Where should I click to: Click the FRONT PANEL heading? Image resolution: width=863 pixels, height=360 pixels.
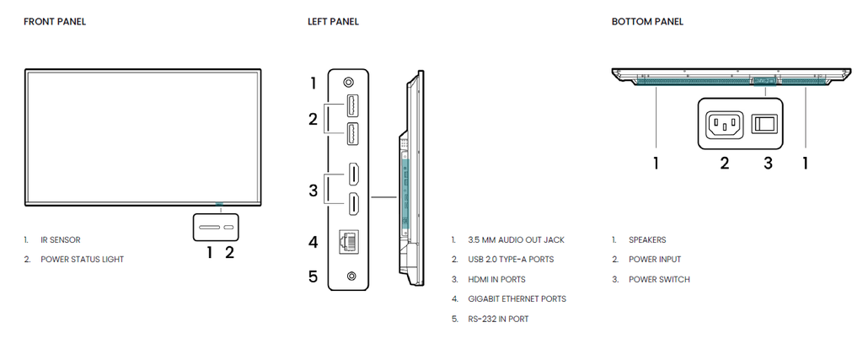pyautogui.click(x=55, y=21)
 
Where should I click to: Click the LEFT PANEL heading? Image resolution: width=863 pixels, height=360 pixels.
pyautogui.click(x=333, y=21)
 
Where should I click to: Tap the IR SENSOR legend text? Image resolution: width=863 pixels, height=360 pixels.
pyautogui.click(x=60, y=239)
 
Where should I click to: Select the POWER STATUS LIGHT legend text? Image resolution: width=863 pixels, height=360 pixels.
pyautogui.click(x=82, y=260)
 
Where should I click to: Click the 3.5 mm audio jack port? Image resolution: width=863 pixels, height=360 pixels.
pyautogui.click(x=350, y=83)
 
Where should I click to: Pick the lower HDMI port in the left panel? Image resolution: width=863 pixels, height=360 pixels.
pyautogui.click(x=354, y=203)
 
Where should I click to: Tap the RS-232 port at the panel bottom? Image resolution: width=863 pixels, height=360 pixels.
pyautogui.click(x=351, y=276)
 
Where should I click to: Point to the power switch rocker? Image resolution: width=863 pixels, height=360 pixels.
pyautogui.click(x=764, y=124)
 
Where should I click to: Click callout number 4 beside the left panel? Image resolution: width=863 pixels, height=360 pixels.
pyautogui.click(x=313, y=243)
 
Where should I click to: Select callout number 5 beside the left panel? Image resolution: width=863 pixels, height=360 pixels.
pyautogui.click(x=313, y=276)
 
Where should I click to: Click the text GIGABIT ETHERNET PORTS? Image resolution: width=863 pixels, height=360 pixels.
pyautogui.click(x=517, y=298)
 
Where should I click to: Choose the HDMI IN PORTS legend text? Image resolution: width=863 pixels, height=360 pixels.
pyautogui.click(x=496, y=279)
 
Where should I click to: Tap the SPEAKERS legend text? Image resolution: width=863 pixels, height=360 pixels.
pyautogui.click(x=647, y=239)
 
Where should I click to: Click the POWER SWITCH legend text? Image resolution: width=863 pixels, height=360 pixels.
pyautogui.click(x=659, y=279)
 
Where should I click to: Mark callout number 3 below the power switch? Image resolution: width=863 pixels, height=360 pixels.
pyautogui.click(x=768, y=163)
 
